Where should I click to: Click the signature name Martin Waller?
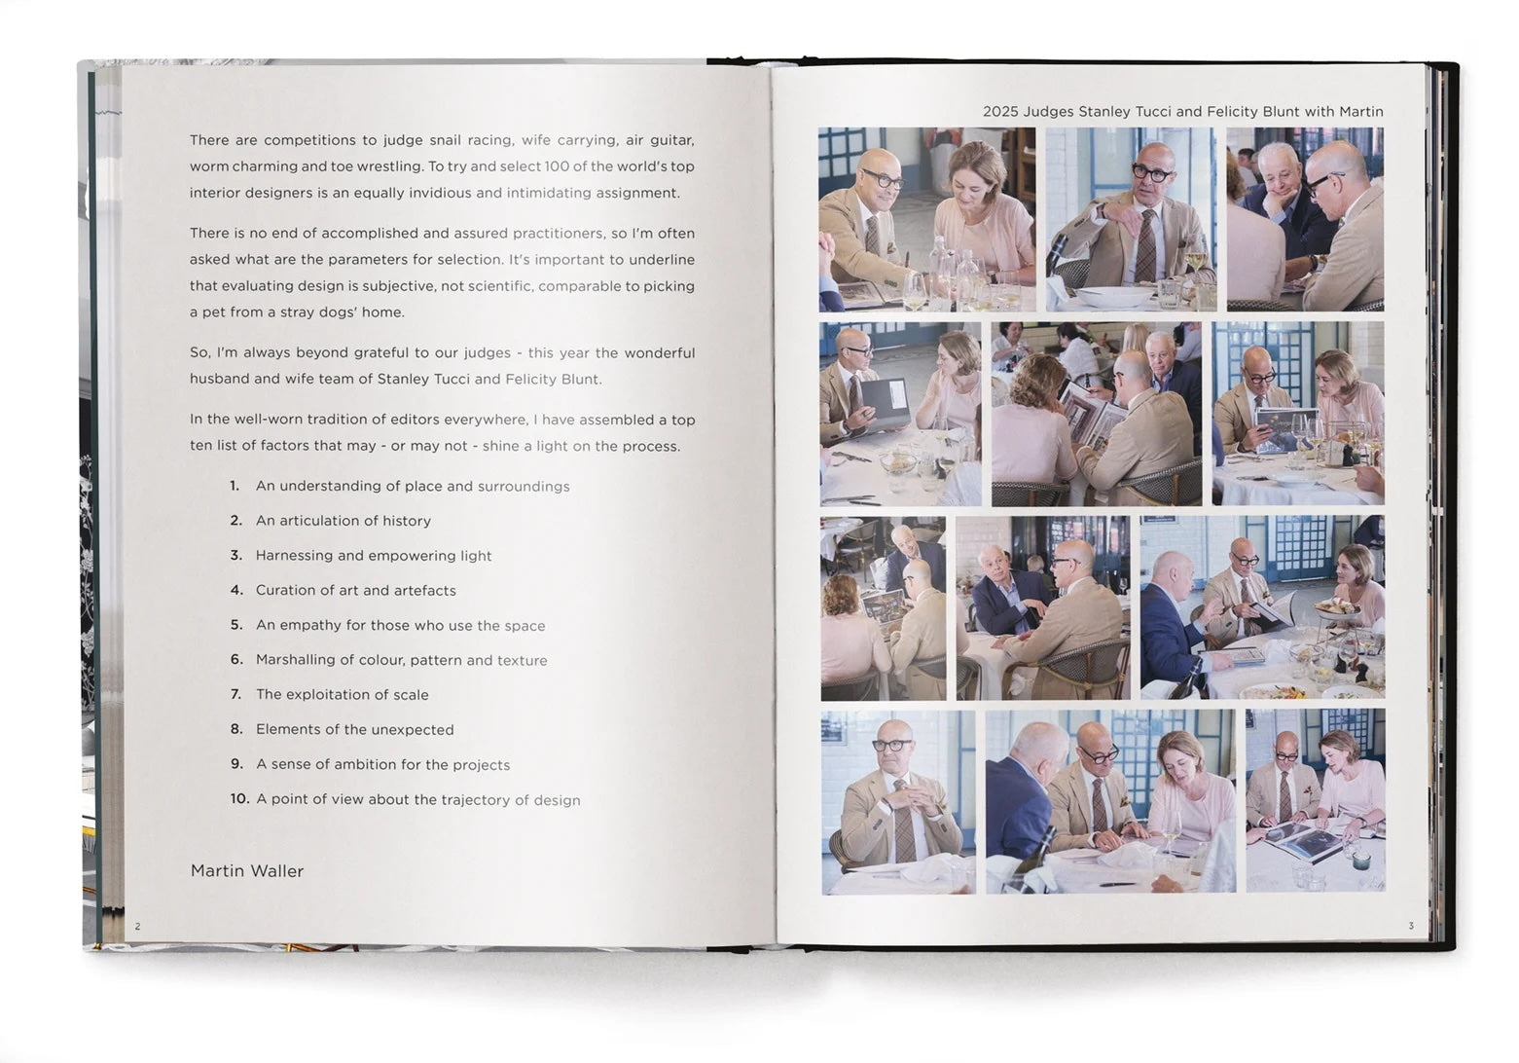246,871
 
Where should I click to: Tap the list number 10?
239,799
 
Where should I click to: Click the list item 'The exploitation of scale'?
342,695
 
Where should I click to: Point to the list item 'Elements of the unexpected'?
354,730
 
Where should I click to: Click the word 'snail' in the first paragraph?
445,140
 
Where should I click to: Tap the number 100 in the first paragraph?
557,166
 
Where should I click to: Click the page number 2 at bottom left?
137,926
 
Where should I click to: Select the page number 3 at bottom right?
1410,926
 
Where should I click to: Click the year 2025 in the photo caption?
999,112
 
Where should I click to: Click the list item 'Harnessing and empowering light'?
374,556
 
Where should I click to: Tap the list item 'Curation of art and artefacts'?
355,591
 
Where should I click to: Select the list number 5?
236,625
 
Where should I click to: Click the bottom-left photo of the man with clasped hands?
897,802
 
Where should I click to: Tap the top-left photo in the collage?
926,219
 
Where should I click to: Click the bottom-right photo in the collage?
1315,801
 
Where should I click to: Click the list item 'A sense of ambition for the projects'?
382,765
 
